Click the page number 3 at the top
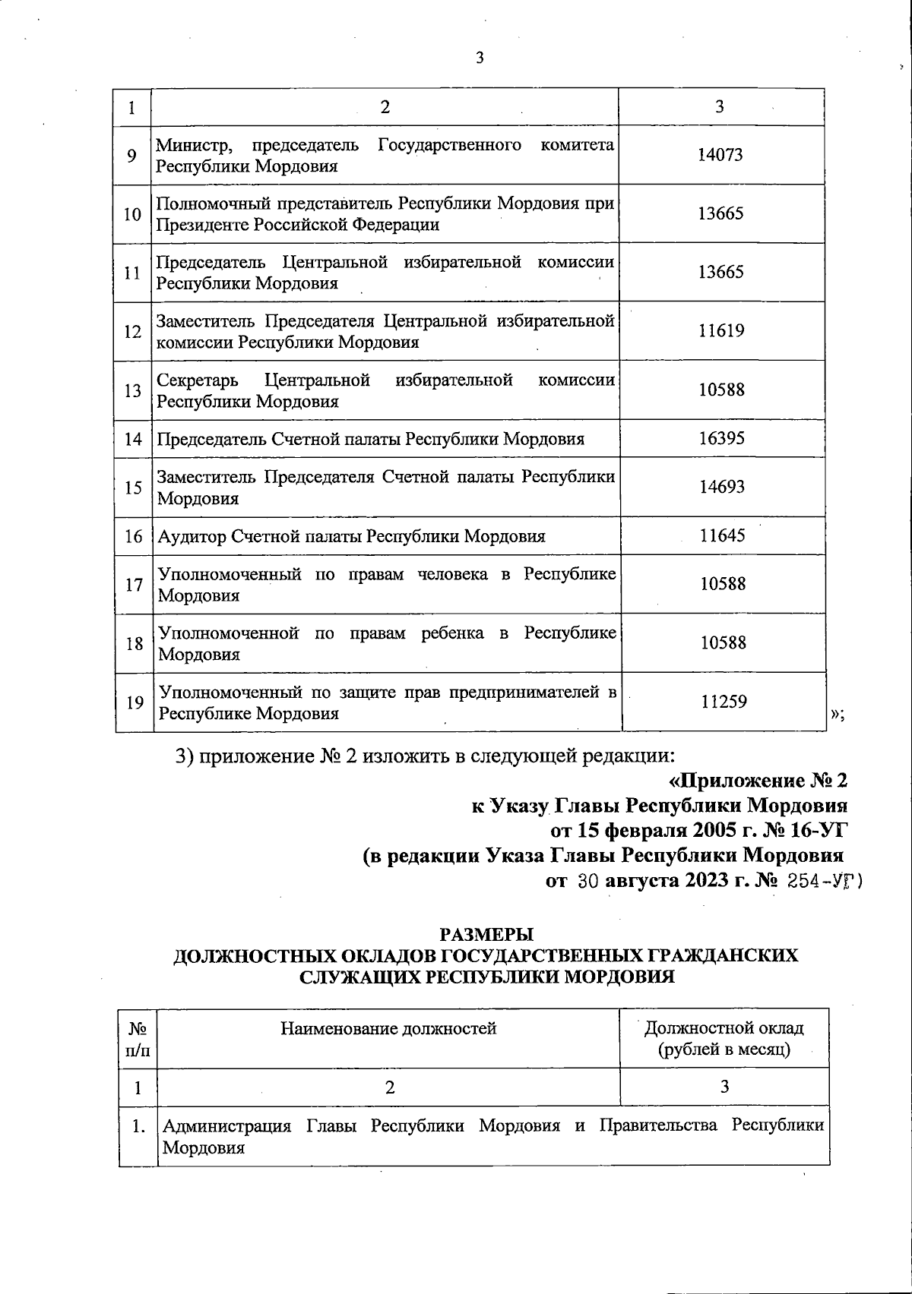coord(479,58)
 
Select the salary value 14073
coord(720,155)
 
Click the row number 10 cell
coord(133,214)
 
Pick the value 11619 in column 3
coord(721,330)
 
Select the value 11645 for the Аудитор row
coord(722,535)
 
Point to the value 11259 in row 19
coord(724,702)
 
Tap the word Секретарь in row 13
coord(197,380)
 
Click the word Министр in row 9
coord(190,144)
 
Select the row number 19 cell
coord(135,702)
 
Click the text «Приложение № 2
coord(757,781)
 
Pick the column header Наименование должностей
coord(388,1028)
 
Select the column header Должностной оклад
coord(724,1028)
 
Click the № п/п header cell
coord(138,1039)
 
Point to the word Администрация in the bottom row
coord(227,1125)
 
